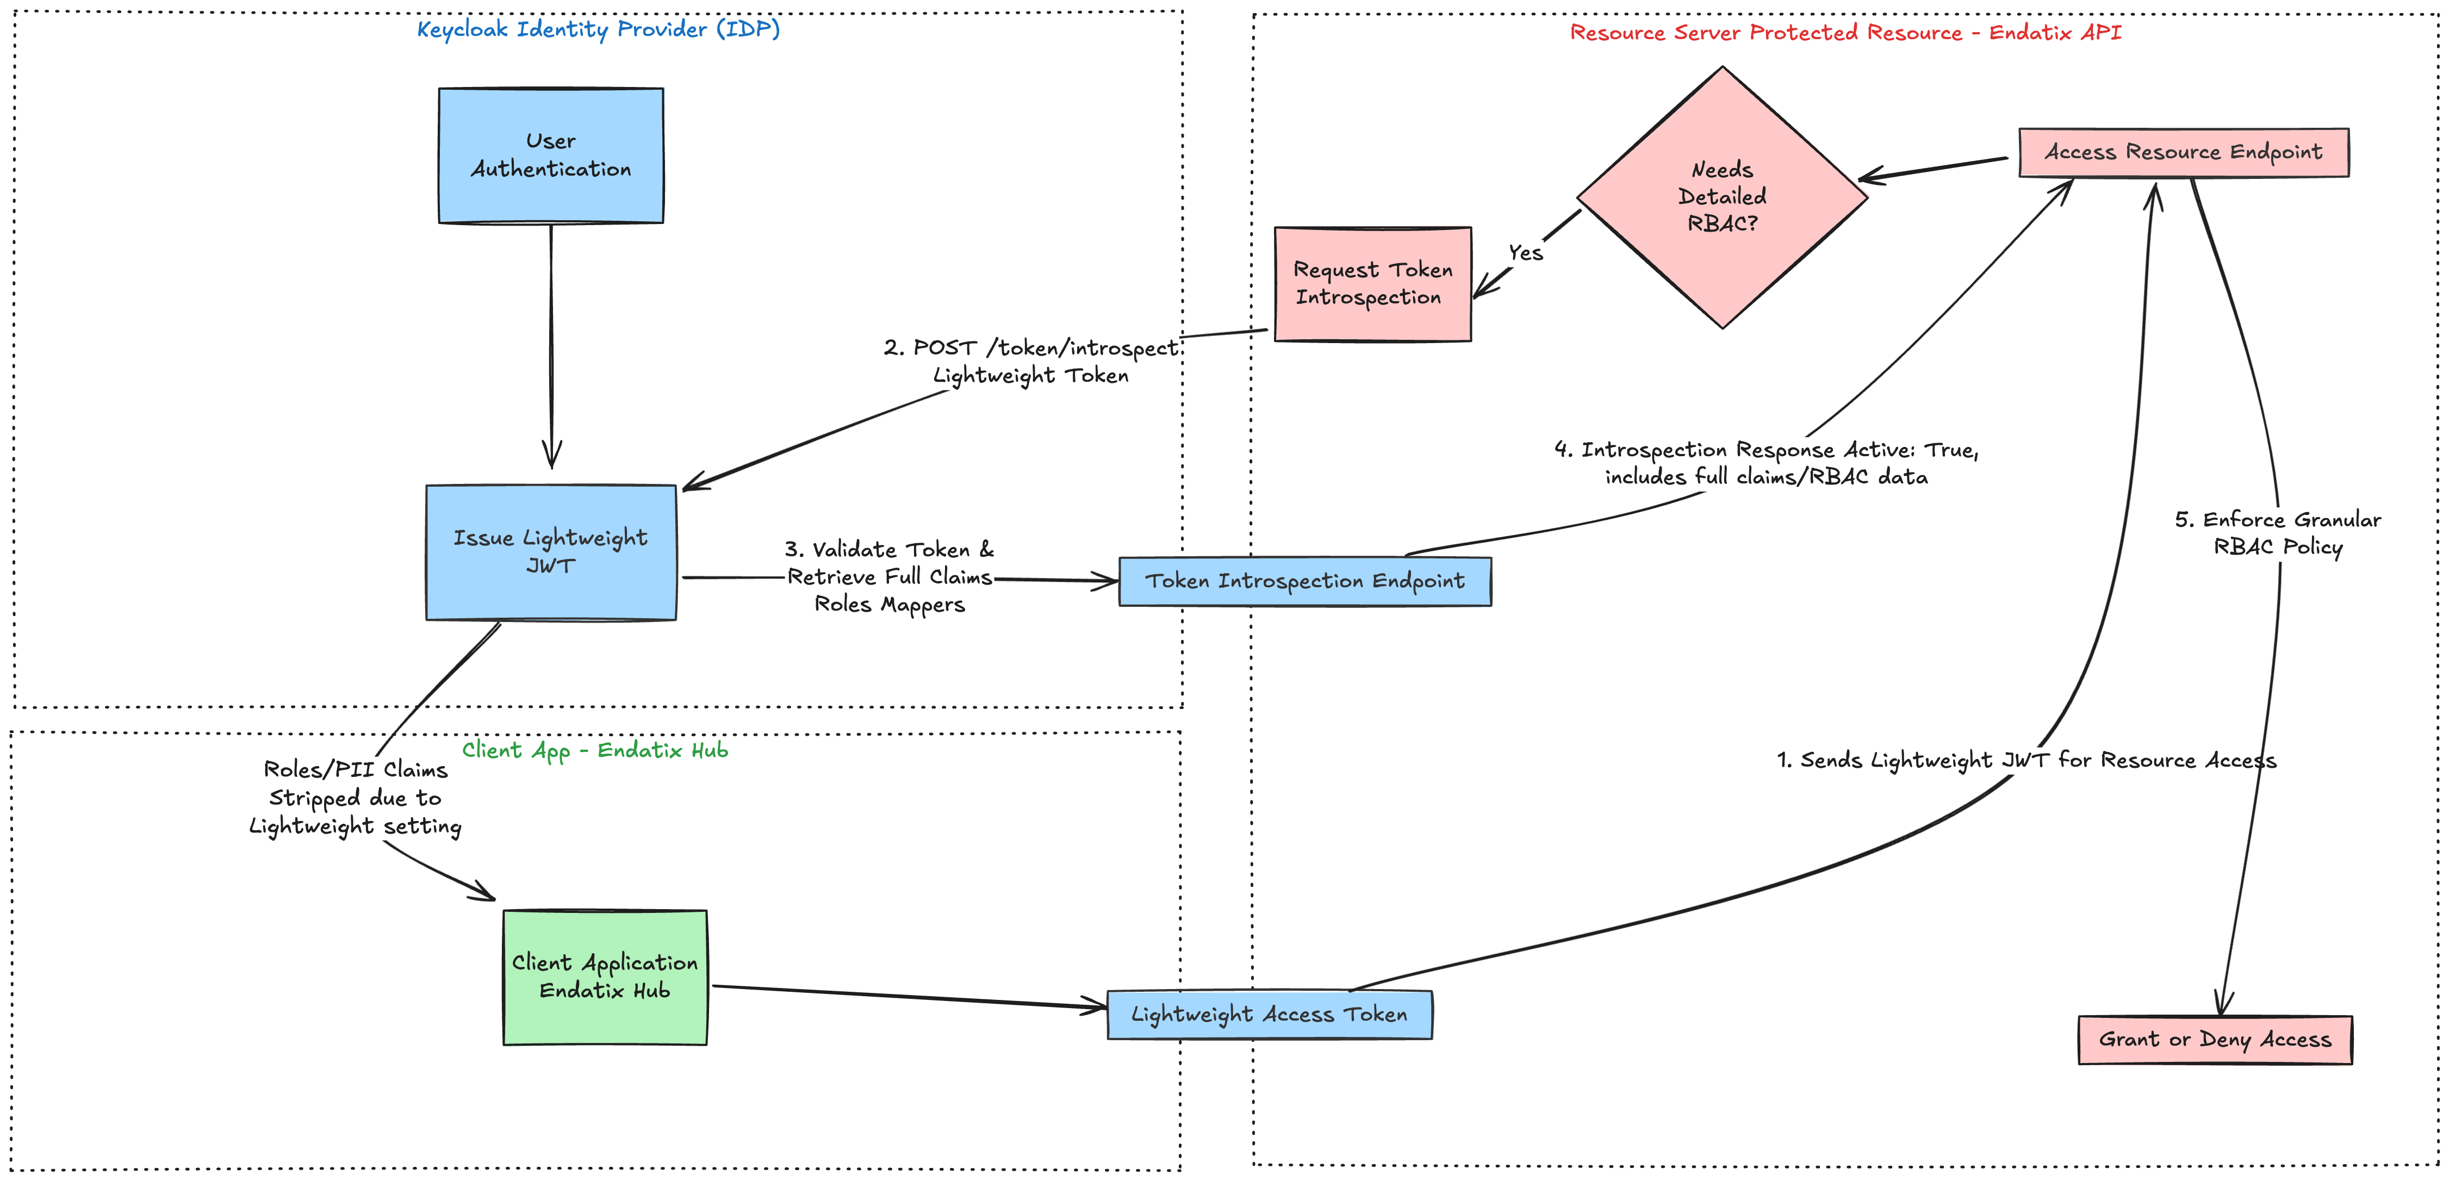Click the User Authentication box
[x=550, y=156]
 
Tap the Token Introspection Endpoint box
[x=1304, y=581]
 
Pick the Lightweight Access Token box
[x=1269, y=1015]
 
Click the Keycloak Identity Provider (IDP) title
[x=598, y=29]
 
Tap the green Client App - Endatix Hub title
[x=595, y=750]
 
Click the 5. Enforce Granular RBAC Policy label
[x=2277, y=532]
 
